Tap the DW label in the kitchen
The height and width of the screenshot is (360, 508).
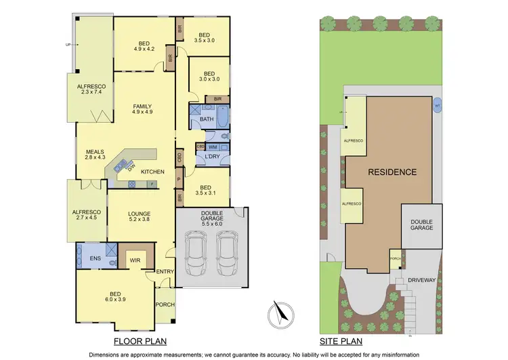pos(131,167)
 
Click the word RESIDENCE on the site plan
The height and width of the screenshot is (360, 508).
pos(392,172)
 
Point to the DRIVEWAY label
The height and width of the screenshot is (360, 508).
pos(415,279)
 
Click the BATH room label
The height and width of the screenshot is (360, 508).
pos(206,120)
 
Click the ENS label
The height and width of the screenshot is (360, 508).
pos(86,258)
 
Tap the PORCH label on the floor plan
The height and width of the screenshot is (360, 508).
pos(165,304)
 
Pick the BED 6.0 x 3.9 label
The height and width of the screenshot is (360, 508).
pos(115,297)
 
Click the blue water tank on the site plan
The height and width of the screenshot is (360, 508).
pos(438,106)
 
